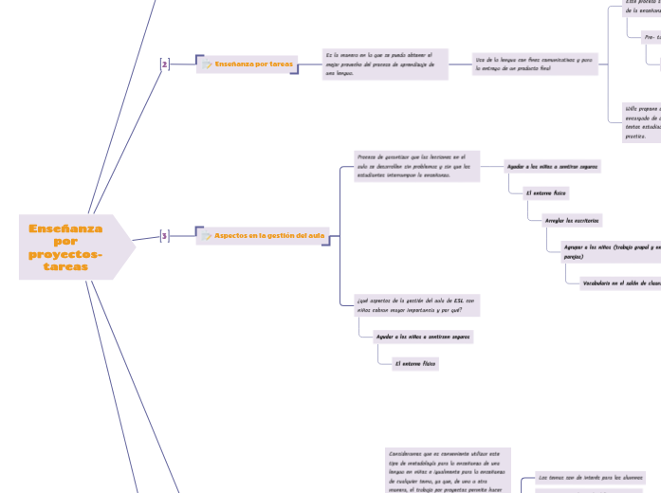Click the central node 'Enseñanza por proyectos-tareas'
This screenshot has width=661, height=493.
[x=66, y=246]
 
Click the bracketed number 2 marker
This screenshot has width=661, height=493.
[x=164, y=64]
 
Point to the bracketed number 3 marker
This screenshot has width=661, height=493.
[x=164, y=235]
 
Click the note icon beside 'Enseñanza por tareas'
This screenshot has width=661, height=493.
[x=207, y=64]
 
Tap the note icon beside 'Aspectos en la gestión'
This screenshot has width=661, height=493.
[x=207, y=236]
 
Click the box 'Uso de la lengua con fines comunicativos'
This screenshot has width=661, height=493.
[x=536, y=64]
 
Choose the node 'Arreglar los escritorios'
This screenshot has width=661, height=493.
[x=572, y=220]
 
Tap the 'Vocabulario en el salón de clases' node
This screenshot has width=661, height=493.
[x=620, y=283]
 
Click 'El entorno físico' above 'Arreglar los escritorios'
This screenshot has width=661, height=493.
[x=547, y=193]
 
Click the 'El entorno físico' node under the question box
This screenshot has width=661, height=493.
[x=416, y=363]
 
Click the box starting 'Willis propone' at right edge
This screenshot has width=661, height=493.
[x=641, y=121]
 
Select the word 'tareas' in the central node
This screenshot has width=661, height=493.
[x=66, y=267]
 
